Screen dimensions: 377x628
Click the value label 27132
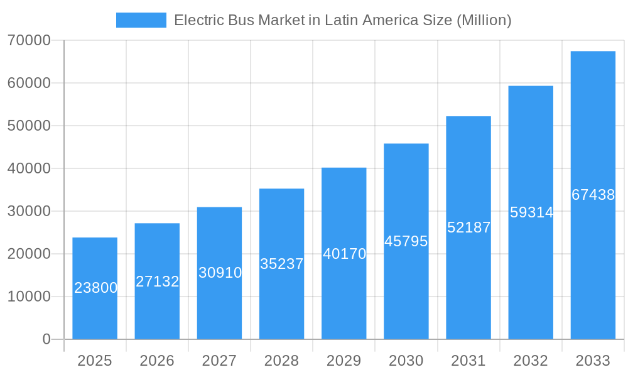pos(158,281)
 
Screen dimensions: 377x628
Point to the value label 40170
pos(344,254)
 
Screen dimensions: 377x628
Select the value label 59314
pos(531,212)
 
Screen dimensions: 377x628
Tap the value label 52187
pos(469,227)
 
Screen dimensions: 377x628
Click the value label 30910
pos(220,273)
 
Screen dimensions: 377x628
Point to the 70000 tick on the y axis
pos(29,40)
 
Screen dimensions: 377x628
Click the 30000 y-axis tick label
pos(29,211)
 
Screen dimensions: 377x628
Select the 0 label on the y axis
pos(46,339)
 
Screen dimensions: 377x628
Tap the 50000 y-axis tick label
pos(29,126)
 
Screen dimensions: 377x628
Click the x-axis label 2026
pos(157,361)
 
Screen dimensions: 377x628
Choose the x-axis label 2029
pos(344,361)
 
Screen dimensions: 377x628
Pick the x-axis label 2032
pos(531,361)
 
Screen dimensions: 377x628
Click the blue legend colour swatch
pos(141,20)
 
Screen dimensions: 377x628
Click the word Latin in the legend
pos(340,20)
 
